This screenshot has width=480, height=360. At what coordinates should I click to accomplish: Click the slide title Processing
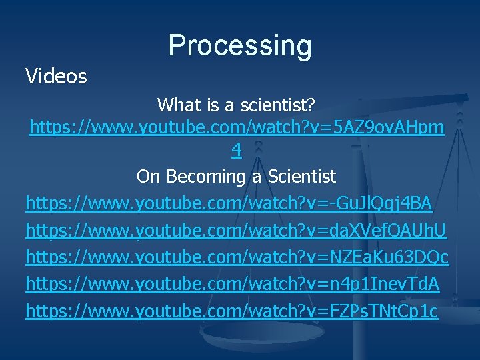[240, 45]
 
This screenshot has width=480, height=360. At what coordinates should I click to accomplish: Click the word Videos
[56, 77]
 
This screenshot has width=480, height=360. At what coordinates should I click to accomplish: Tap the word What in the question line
[177, 105]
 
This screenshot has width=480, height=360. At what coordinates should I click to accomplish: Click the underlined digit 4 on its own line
[237, 151]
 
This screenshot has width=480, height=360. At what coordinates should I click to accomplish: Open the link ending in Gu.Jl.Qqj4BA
[229, 203]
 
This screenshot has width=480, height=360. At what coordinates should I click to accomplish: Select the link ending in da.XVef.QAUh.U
[236, 231]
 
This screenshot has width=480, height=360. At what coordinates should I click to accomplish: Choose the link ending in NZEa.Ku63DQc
[237, 257]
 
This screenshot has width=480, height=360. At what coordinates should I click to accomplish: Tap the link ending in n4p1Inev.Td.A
[232, 284]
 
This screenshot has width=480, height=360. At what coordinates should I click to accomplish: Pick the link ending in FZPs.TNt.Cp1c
[232, 311]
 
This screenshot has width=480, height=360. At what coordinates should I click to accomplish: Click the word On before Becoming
[147, 177]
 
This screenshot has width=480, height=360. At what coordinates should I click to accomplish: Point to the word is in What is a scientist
[210, 105]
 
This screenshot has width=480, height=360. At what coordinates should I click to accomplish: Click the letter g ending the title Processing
[303, 47]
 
